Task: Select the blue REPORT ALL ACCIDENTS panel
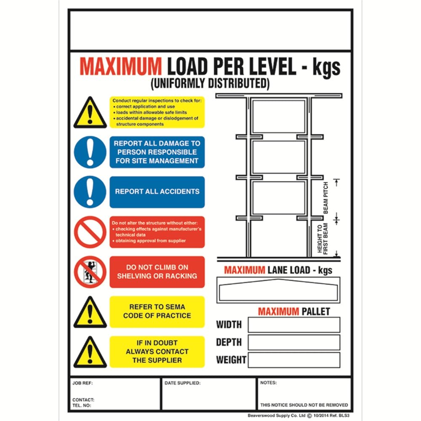(157, 192)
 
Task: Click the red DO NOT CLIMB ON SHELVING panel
(157, 272)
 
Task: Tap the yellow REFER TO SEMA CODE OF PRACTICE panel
(157, 312)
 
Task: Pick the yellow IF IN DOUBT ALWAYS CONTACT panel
(157, 352)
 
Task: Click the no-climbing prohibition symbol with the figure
(90, 272)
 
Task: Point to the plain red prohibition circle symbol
(90, 232)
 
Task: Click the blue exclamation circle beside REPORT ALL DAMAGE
(90, 152)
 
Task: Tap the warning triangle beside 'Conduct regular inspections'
(90, 113)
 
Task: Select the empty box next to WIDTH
(293, 325)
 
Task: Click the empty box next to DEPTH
(293, 342)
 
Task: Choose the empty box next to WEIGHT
(293, 360)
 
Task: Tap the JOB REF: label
(83, 384)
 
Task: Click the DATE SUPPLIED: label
(182, 384)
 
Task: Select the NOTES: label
(269, 383)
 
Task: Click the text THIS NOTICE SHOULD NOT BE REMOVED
(304, 405)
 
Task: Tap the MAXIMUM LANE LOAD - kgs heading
(278, 270)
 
